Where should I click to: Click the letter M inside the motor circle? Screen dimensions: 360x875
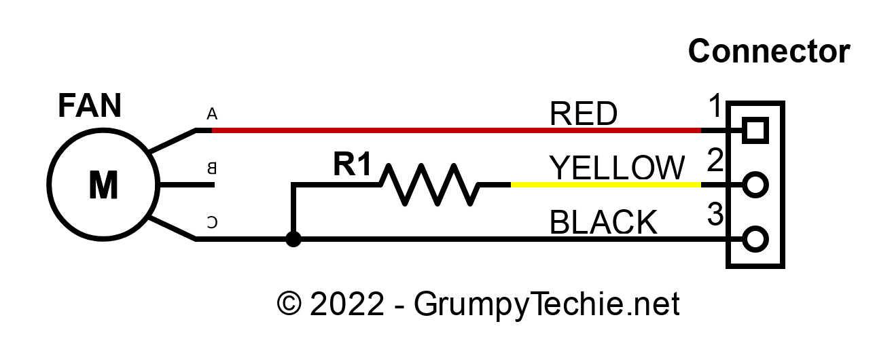coord(103,185)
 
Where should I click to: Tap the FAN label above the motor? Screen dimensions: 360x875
coord(90,107)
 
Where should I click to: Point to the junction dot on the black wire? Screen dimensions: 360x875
coord(293,239)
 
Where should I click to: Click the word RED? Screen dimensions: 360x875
coord(584,114)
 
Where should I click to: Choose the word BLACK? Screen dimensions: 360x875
coord(603,223)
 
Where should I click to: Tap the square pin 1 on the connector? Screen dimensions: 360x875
coord(755,129)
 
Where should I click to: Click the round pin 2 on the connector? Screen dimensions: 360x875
coord(755,184)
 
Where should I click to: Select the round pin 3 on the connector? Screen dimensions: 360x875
coord(755,239)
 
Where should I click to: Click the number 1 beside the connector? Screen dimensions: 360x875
coord(715,107)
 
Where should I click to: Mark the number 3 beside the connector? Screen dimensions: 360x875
coord(715,215)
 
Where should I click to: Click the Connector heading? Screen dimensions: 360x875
coord(769,52)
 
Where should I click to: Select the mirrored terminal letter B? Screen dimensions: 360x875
coord(211,168)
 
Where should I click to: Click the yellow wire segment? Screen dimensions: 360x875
coord(605,184)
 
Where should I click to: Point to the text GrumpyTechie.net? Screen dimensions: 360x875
coord(546,304)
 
